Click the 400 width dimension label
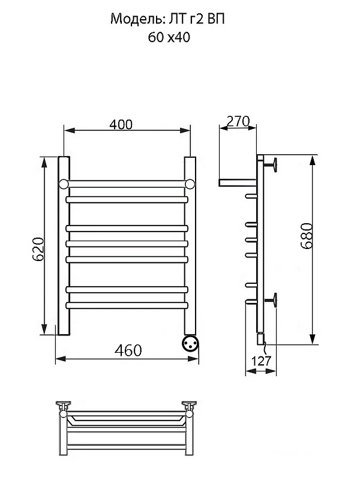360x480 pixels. point(121,124)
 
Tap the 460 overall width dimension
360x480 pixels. point(128,350)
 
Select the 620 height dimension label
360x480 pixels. point(38,249)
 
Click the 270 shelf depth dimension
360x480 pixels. point(238,121)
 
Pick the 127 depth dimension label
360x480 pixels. point(261,361)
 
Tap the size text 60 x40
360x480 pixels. point(169,37)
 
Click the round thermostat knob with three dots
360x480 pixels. point(190,343)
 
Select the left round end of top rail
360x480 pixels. point(64,184)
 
